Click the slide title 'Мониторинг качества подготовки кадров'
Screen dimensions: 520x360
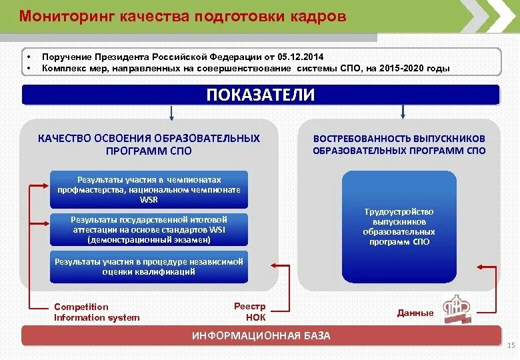click(182, 17)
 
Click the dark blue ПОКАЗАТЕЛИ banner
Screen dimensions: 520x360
click(260, 95)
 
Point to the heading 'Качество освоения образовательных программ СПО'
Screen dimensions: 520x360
click(149, 145)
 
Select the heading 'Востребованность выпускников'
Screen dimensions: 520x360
click(399, 139)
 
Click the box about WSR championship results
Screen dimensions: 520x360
click(149, 190)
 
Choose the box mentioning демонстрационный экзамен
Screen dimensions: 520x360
click(149, 229)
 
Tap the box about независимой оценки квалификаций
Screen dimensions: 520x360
click(149, 267)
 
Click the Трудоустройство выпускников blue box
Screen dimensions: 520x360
click(399, 227)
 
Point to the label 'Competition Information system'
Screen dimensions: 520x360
click(97, 312)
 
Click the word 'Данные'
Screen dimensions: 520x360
click(415, 313)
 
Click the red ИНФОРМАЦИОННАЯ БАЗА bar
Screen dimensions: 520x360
click(260, 335)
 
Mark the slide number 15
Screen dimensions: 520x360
click(511, 345)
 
